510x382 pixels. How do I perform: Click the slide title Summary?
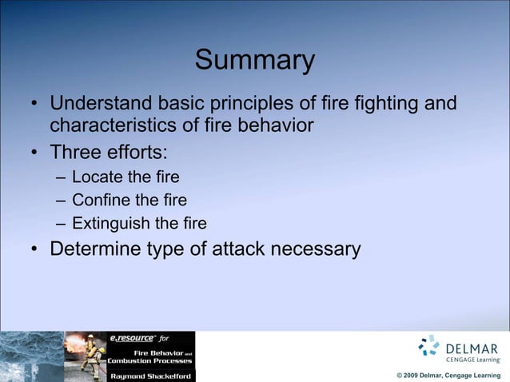click(255, 61)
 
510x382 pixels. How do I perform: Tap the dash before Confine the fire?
click(61, 199)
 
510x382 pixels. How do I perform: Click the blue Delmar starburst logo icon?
click(429, 346)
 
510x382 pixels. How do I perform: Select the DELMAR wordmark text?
click(472, 348)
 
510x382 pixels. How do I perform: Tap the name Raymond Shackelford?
click(150, 375)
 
